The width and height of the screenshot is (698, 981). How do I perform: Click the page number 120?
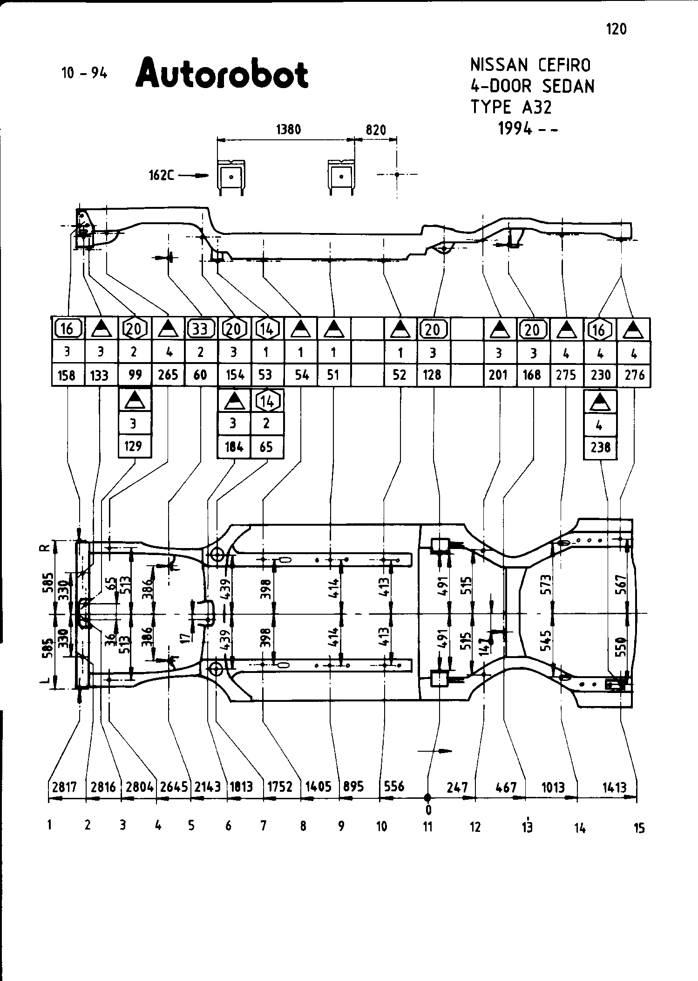coord(617,29)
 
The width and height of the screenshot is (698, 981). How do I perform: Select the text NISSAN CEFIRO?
coord(530,65)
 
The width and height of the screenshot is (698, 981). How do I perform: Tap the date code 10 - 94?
coord(84,73)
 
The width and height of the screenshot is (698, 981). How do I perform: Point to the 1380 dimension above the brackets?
coord(289,129)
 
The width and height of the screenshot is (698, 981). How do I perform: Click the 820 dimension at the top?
coord(376,130)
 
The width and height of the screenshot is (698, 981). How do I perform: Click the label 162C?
coord(162,175)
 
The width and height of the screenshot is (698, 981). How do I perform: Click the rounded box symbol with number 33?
coord(200,329)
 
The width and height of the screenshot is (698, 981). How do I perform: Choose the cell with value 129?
coord(134,446)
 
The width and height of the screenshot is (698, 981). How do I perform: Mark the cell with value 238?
coord(600,447)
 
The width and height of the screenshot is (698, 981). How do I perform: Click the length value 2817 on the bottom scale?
coord(64,787)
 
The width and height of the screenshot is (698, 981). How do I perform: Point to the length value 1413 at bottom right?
coord(615,788)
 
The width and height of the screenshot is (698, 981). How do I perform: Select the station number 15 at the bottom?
coord(639,828)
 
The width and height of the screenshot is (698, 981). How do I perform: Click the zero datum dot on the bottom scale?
coord(427,798)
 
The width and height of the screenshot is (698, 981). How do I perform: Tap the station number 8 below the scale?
coord(303,826)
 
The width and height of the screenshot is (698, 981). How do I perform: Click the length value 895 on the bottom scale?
coord(353,787)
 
